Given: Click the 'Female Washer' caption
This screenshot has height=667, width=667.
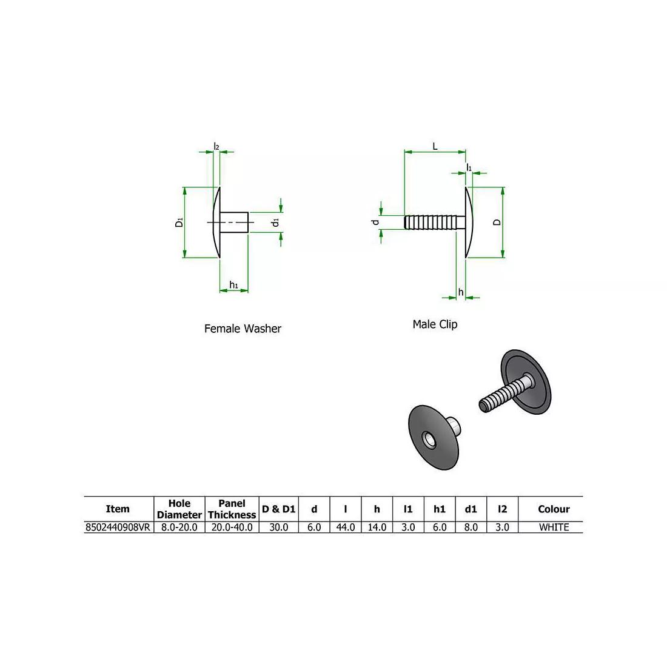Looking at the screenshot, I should pyautogui.click(x=243, y=329).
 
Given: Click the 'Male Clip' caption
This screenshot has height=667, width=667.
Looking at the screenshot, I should pyautogui.click(x=435, y=324).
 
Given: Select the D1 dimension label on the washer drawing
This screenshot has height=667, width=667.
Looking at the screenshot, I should pyautogui.click(x=179, y=223).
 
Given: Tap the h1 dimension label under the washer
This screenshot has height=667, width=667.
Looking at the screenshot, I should pyautogui.click(x=233, y=285).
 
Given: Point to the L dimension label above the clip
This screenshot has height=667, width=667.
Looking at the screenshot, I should pyautogui.click(x=435, y=147).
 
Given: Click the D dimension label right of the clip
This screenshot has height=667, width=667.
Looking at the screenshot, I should pyautogui.click(x=497, y=223).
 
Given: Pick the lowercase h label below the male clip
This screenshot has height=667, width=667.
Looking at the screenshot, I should pyautogui.click(x=461, y=292).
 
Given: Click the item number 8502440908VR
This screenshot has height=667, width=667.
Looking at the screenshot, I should pyautogui.click(x=118, y=528).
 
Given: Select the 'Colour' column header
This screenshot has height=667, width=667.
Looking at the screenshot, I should pyautogui.click(x=553, y=509).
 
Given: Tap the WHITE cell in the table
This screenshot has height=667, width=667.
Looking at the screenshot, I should pyautogui.click(x=553, y=528).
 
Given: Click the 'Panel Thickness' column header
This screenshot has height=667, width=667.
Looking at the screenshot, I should pyautogui.click(x=232, y=509).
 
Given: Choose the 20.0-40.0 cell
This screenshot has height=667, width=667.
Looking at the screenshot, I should pyautogui.click(x=232, y=528).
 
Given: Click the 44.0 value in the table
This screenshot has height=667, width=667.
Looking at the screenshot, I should pyautogui.click(x=346, y=528).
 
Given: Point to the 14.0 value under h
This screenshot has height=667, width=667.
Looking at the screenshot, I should pyautogui.click(x=377, y=528).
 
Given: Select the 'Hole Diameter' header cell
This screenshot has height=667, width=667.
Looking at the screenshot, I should pyautogui.click(x=179, y=509).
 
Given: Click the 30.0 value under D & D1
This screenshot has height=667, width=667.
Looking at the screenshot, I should pyautogui.click(x=278, y=528).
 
